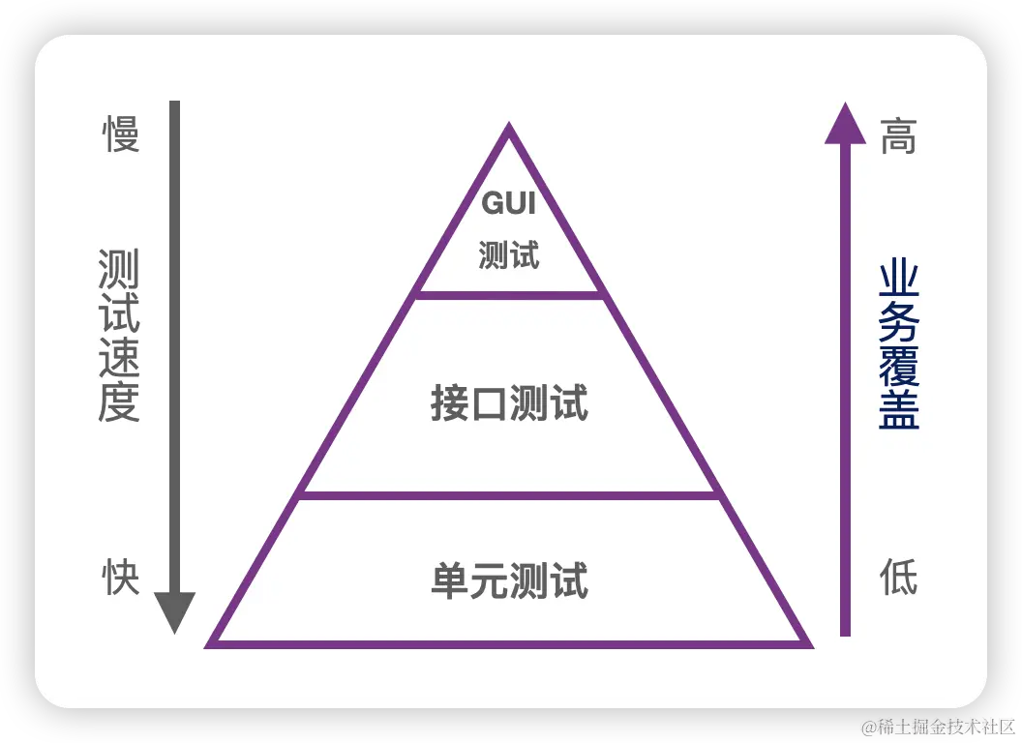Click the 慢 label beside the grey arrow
122,134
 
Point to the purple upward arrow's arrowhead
845,124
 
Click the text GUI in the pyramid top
508,204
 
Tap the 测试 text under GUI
508,255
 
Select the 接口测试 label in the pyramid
509,404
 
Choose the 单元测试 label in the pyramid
509,581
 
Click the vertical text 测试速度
119,336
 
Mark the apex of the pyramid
509,130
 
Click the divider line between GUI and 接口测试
510,294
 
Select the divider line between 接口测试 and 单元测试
510,495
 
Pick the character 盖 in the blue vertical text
899,409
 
